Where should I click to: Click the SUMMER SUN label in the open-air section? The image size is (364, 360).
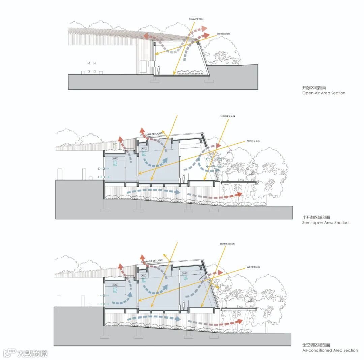[x=196, y=19]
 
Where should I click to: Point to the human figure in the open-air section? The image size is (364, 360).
[x=159, y=70]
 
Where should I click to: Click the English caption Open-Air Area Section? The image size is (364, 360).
[x=324, y=93]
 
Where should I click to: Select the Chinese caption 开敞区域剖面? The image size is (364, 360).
[x=314, y=87]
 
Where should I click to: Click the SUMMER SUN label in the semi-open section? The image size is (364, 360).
[x=227, y=116]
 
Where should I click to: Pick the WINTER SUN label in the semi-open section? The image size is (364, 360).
[x=254, y=141]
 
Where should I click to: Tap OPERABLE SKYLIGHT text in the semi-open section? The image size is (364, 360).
[x=152, y=134]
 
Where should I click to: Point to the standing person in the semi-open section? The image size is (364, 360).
[x=184, y=178]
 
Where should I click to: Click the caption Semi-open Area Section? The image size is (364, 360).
[x=325, y=223]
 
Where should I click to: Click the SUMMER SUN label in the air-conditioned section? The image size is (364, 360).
[x=227, y=244]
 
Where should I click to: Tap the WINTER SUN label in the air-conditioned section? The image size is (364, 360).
[x=253, y=267]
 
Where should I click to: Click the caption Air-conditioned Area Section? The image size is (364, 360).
[x=330, y=350]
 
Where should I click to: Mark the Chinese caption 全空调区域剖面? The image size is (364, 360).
[x=316, y=345]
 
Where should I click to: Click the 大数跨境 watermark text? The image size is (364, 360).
[x=32, y=353]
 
